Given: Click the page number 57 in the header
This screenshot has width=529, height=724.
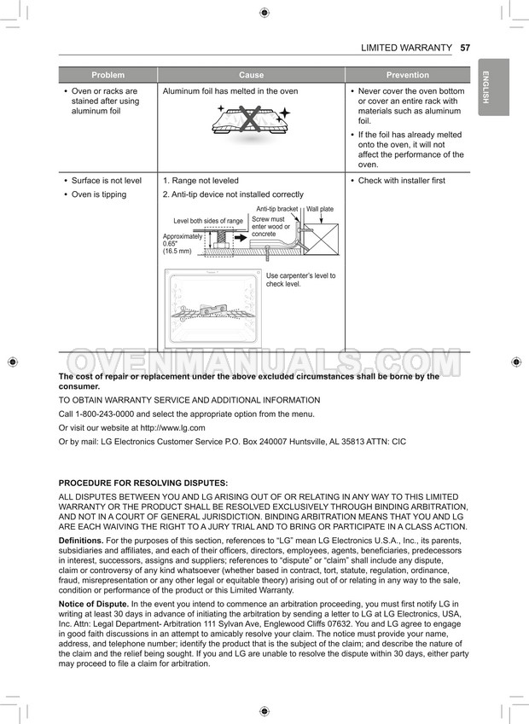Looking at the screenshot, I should point(465,48).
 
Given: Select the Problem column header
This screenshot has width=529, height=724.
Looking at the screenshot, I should point(108,75).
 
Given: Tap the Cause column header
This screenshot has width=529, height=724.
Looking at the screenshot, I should point(251,75).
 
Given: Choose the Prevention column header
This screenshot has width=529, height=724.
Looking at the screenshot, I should point(407,75).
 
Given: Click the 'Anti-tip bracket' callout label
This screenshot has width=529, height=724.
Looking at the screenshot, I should point(277,209).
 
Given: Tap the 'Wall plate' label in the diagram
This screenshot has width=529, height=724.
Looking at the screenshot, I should point(320,209).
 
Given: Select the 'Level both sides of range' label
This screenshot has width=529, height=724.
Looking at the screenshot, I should point(208,221).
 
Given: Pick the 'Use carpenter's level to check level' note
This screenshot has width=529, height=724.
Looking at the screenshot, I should point(300,280).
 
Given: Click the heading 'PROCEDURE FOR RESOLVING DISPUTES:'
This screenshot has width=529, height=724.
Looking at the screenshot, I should point(142,483).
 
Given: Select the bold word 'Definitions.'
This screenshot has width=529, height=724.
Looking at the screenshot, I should point(83,541).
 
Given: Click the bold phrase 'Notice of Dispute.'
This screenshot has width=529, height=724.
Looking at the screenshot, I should point(93,604).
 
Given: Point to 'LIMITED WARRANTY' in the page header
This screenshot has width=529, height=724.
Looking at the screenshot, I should point(406,48).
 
